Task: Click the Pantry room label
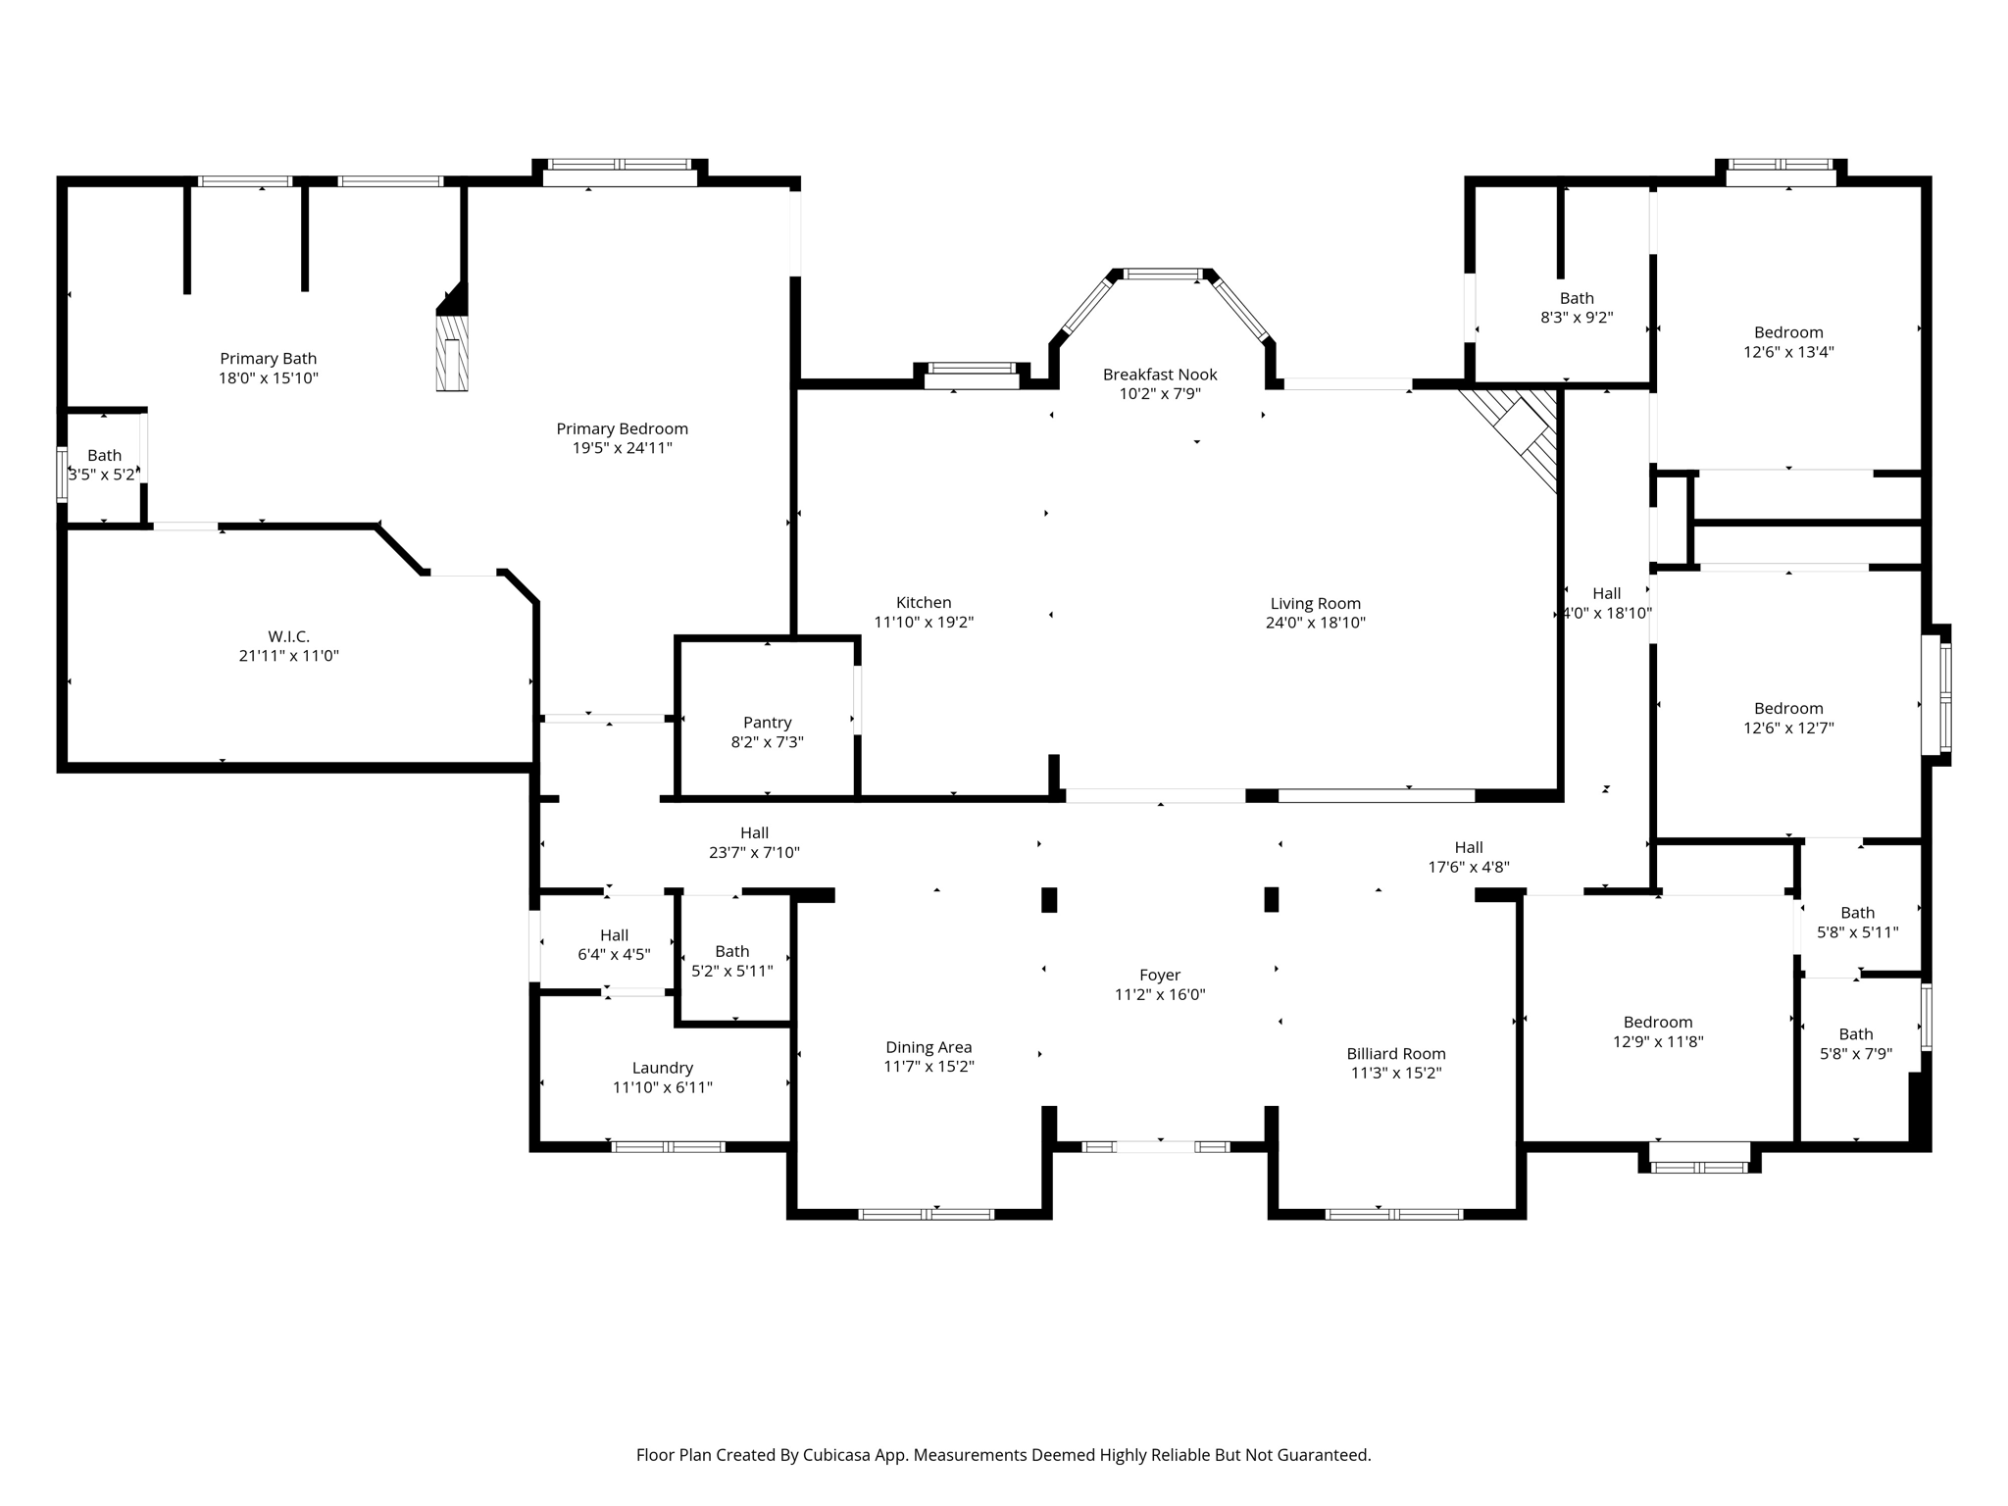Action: tap(767, 723)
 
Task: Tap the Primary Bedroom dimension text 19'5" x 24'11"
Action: tap(622, 448)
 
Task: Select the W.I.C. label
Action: tap(288, 636)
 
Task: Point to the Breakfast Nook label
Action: tap(1159, 375)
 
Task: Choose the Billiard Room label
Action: tap(1395, 1054)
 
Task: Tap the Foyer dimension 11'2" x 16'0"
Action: tap(1159, 994)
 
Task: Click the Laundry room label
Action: tap(662, 1068)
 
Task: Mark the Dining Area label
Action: tap(928, 1047)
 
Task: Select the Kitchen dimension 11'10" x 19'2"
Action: tap(923, 623)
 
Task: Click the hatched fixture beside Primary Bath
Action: tap(452, 351)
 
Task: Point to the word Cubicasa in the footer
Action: tap(836, 1455)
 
